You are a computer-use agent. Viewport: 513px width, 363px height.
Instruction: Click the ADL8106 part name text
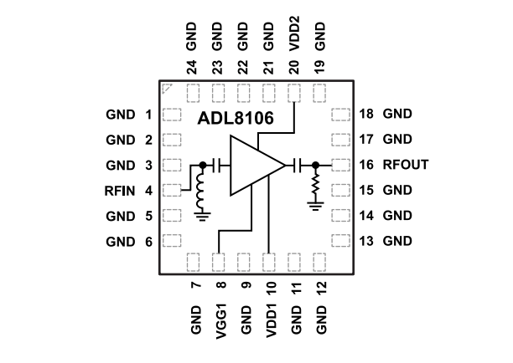tap(236, 120)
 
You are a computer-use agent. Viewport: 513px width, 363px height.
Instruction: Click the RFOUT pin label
tap(406, 165)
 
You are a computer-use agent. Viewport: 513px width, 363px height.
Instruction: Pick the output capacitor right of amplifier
tap(298, 166)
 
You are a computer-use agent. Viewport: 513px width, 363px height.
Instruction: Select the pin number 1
tap(148, 115)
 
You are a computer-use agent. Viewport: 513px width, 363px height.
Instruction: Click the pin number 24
tap(192, 66)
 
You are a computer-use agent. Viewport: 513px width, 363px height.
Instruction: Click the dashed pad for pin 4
tap(172, 191)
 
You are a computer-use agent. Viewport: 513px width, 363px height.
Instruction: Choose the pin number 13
tap(366, 242)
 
